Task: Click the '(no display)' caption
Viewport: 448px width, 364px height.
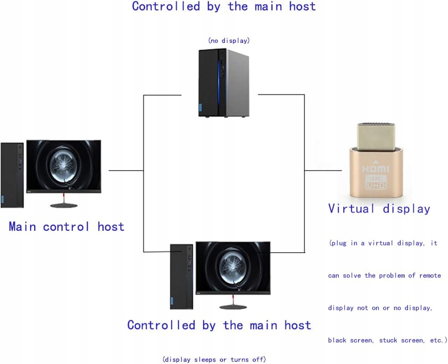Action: point(229,41)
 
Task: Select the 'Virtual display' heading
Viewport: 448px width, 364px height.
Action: point(379,209)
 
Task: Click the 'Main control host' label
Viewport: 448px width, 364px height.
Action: point(66,227)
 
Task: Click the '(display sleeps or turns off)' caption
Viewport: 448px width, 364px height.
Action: point(214,359)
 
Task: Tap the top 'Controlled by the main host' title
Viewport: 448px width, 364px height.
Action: point(224,6)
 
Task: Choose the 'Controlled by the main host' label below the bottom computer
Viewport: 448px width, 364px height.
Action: point(219,325)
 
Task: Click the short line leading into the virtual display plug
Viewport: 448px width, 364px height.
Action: point(323,171)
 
